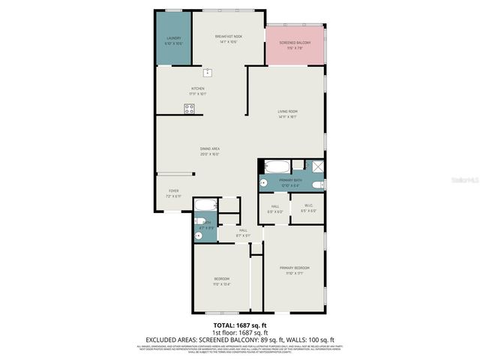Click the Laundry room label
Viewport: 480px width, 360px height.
[x=173, y=38]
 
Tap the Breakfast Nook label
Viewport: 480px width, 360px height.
[x=228, y=36]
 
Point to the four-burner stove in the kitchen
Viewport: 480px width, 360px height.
[x=190, y=109]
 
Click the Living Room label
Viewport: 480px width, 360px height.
[x=288, y=112]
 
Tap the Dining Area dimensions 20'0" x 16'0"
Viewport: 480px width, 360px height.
[x=209, y=154]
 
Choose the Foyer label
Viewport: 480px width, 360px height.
[x=173, y=191]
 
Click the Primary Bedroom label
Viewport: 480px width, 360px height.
[x=294, y=268]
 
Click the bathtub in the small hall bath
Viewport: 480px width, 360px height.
[x=205, y=205]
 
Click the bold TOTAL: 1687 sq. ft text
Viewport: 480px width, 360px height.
[x=239, y=325]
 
